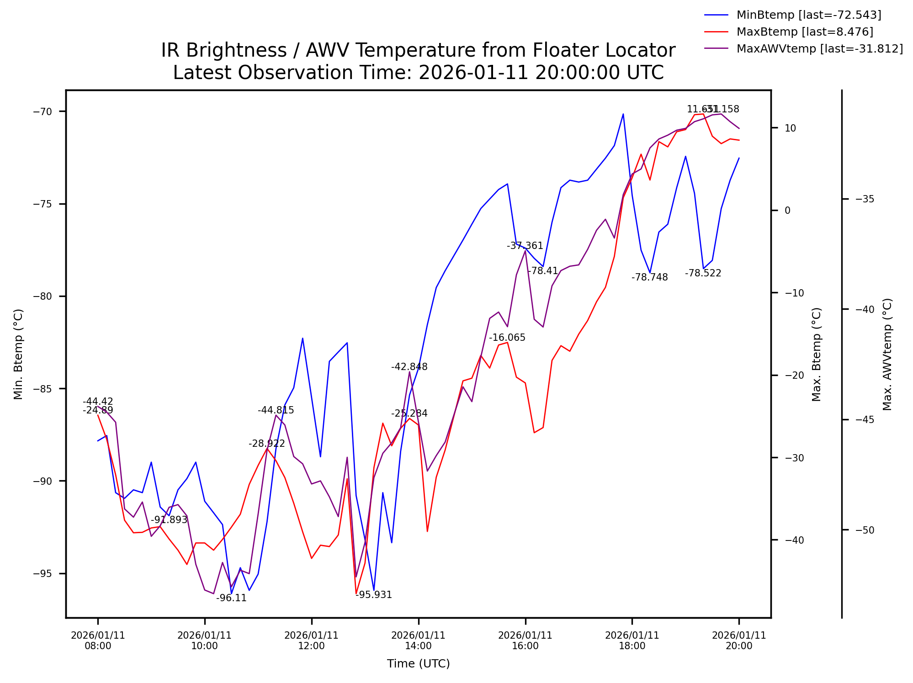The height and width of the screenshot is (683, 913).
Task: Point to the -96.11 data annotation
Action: [231, 598]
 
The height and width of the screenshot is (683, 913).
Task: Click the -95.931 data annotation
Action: [373, 595]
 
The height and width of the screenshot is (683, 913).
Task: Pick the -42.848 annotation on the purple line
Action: [409, 367]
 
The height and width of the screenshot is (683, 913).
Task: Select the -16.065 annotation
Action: [507, 338]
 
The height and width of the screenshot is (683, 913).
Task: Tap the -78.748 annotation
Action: [649, 277]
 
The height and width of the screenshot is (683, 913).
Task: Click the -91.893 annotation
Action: [169, 520]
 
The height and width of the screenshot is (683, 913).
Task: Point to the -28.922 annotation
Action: [266, 444]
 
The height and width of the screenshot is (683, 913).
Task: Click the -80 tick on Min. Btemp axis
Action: [43, 296]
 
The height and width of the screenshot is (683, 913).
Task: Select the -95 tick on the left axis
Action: [43, 574]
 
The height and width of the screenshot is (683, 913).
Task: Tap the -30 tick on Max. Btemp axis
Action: [794, 458]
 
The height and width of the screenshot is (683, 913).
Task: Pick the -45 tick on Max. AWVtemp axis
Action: [865, 420]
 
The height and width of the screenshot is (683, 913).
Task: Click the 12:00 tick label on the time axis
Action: [311, 641]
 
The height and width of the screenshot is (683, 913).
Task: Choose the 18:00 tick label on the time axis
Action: [632, 641]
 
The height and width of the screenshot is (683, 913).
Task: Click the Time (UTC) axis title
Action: [418, 664]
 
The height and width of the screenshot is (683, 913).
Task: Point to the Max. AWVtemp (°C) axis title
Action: [887, 355]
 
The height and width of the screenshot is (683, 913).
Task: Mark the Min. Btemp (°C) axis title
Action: [18, 355]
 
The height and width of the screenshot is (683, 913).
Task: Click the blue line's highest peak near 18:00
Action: [623, 114]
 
